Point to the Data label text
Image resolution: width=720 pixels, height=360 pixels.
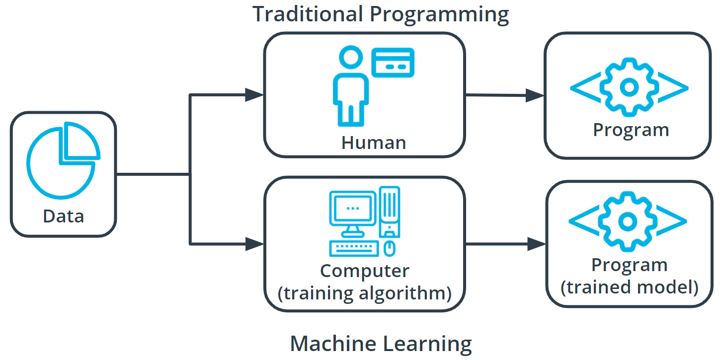point(63,216)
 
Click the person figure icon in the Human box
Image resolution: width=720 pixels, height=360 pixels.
point(351,87)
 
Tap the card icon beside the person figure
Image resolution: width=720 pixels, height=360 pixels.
point(393,62)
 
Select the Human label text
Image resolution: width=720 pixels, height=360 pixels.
point(373,143)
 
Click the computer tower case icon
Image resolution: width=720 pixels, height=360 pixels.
point(390,212)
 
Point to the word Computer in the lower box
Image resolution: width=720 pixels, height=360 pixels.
point(364,271)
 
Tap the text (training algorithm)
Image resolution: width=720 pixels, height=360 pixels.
point(364,293)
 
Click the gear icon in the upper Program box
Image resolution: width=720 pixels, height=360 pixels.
point(629,87)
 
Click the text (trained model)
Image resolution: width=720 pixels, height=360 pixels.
point(629,287)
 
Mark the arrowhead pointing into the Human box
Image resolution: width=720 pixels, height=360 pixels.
point(254,94)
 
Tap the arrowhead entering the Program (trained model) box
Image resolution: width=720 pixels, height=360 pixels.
point(537,244)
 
